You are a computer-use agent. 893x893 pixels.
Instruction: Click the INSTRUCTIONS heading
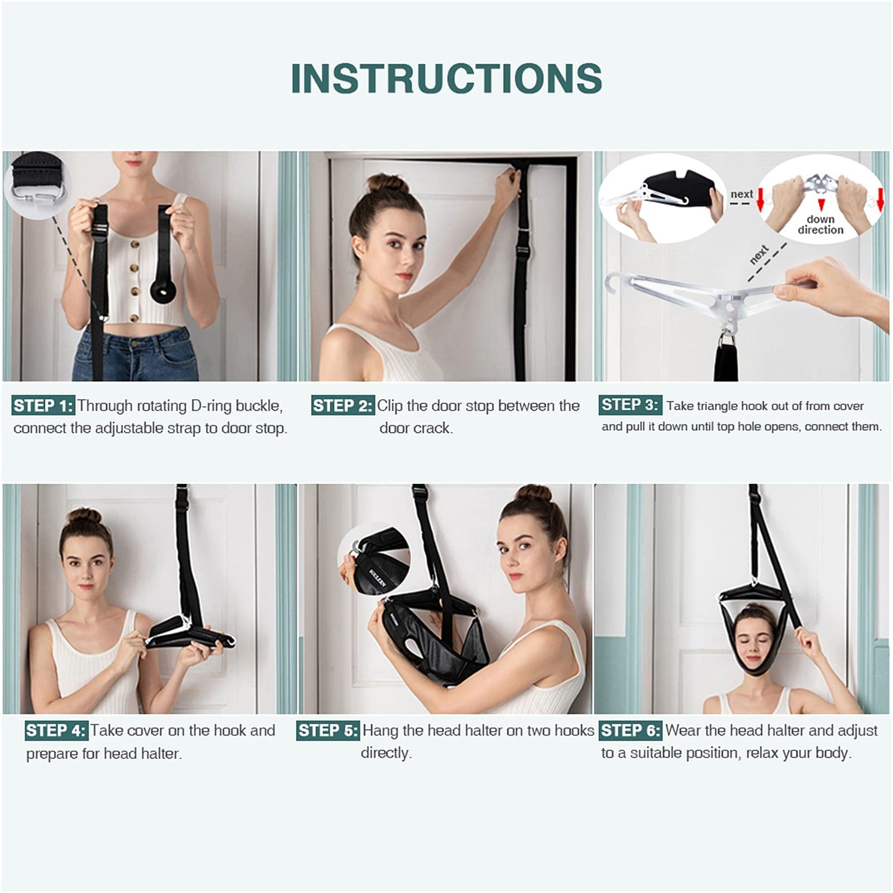click(446, 78)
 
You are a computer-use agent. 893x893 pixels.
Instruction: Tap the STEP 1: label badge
click(43, 406)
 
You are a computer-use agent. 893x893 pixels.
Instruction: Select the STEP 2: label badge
click(342, 406)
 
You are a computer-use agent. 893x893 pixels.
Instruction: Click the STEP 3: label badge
click(630, 405)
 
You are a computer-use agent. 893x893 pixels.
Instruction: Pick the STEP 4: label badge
click(56, 730)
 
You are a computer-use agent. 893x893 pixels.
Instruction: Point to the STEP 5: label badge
click(328, 730)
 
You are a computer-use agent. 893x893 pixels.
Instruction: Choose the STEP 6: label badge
click(630, 730)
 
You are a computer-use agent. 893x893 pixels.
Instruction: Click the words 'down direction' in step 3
click(820, 225)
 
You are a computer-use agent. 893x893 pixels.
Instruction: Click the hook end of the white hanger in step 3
click(616, 284)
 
